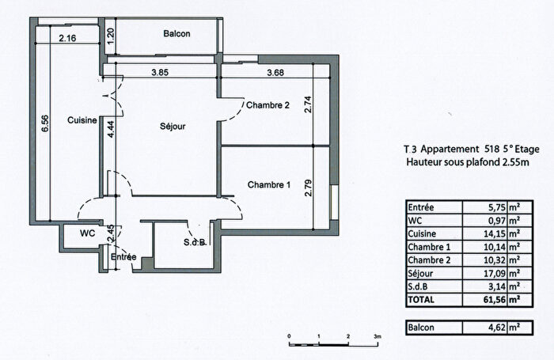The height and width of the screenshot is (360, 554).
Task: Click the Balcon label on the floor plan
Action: click(175, 34)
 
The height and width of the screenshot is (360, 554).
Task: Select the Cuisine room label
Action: click(82, 120)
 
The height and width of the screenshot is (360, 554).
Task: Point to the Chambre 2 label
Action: click(269, 105)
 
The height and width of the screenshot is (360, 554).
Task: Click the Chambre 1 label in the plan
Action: click(269, 185)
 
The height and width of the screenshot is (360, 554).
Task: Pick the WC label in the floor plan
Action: click(87, 234)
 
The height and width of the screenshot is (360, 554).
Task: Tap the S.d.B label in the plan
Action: click(194, 242)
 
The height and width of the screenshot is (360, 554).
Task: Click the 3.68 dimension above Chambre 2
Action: click(275, 74)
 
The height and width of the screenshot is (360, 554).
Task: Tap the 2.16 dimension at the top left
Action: click(68, 37)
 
